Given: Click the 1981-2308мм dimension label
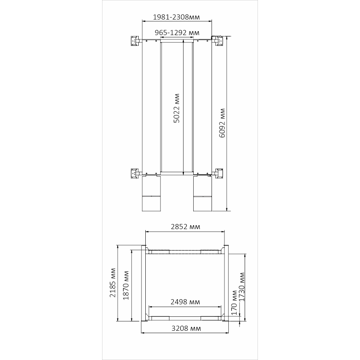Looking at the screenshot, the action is pyautogui.click(x=176, y=17).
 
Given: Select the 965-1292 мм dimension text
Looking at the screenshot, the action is pyautogui.click(x=177, y=33).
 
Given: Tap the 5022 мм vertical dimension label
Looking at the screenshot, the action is pyautogui.click(x=176, y=108).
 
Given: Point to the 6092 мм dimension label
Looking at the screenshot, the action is pyautogui.click(x=222, y=123).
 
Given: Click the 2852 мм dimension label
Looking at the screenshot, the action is pyautogui.click(x=185, y=227).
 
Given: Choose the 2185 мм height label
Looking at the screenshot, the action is pyautogui.click(x=113, y=282).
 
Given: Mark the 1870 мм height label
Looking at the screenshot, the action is pyautogui.click(x=126, y=285).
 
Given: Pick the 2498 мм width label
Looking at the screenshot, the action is pyautogui.click(x=185, y=302).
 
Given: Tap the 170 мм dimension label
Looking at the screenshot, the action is pyautogui.click(x=234, y=303).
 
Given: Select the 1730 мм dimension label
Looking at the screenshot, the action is pyautogui.click(x=242, y=287).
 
